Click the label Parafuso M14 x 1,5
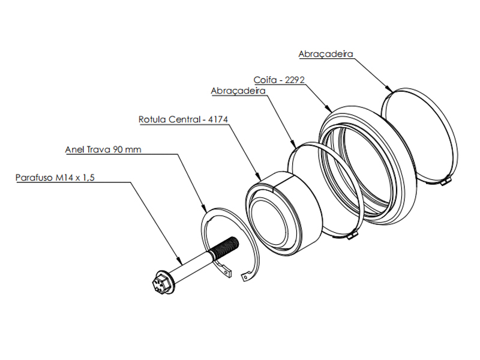pyautogui.click(x=55, y=178)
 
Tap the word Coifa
pyautogui.click(x=262, y=79)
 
